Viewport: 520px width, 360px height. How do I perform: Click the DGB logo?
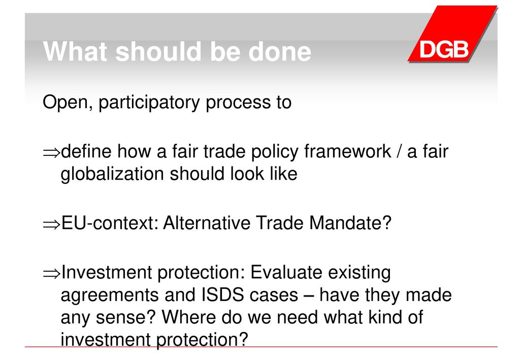(452, 34)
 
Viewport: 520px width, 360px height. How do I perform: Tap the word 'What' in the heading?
(76, 51)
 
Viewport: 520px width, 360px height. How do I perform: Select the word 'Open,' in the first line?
(68, 103)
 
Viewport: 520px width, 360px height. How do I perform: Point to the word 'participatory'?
(149, 103)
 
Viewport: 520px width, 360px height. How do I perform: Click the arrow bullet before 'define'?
(51, 152)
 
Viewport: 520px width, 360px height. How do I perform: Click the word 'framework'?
(347, 151)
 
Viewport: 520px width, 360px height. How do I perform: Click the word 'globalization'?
(112, 174)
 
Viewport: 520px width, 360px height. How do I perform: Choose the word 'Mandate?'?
(350, 222)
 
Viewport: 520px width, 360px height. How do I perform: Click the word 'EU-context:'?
(110, 222)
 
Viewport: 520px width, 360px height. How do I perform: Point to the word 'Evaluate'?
(286, 272)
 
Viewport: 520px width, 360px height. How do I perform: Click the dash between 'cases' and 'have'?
(308, 296)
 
